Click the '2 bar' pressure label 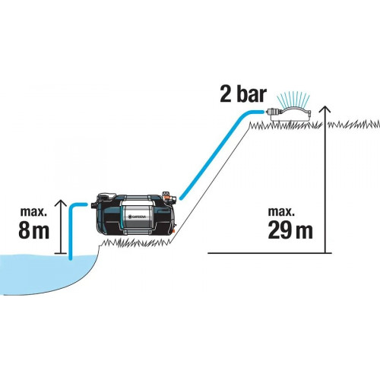[243, 94]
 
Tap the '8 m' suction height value [33, 231]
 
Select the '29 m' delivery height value [290, 230]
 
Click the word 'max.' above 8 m [33, 211]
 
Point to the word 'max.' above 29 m [281, 211]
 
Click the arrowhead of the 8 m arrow [61, 203]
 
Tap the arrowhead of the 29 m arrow [325, 109]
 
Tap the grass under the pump [135, 242]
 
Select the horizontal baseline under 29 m [270, 253]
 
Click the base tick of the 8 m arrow [61, 253]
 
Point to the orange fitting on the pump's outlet [166, 195]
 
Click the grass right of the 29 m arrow [354, 125]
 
